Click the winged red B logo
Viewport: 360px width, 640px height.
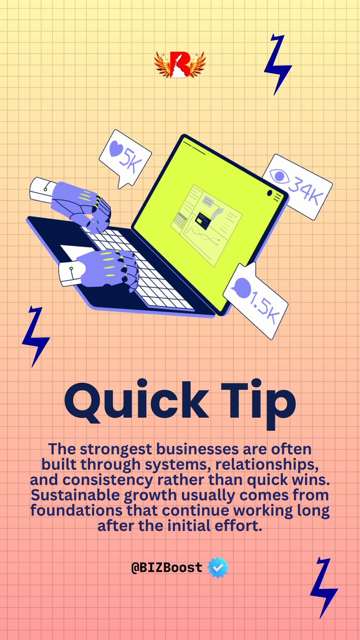click(x=180, y=65)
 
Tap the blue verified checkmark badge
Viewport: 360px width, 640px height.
click(x=218, y=567)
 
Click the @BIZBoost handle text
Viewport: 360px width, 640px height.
click(x=167, y=567)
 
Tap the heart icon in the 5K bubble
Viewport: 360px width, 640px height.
click(x=116, y=149)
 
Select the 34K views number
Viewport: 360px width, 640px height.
click(x=306, y=189)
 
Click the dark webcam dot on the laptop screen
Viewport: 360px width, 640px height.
click(x=269, y=193)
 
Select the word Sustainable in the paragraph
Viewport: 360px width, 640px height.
click(x=75, y=495)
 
